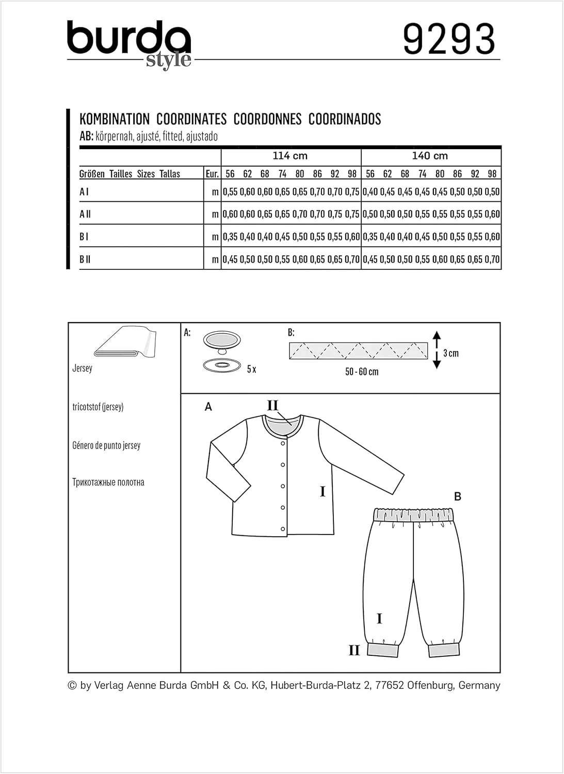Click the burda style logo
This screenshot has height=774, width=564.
tap(129, 44)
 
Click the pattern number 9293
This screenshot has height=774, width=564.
tap(448, 39)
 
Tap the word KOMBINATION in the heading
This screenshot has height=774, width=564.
tap(115, 119)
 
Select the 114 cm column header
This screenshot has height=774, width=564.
tap(290, 156)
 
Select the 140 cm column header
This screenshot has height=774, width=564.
tap(430, 156)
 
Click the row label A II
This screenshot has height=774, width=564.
tap(85, 214)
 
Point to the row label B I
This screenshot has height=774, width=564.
tap(84, 237)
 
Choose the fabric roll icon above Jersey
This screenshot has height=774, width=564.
tap(125, 342)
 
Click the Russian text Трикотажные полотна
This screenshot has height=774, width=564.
tap(108, 482)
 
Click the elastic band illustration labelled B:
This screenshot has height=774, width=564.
tap(358, 351)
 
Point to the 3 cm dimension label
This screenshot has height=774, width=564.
tap(451, 353)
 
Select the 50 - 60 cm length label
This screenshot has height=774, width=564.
tap(362, 372)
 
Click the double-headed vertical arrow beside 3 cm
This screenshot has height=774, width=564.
tap(437, 350)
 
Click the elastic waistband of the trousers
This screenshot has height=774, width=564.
tap(413, 514)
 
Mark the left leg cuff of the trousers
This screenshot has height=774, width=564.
tap(383, 649)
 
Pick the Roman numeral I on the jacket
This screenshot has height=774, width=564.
tap(323, 491)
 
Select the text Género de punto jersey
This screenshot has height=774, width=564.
tap(106, 445)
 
